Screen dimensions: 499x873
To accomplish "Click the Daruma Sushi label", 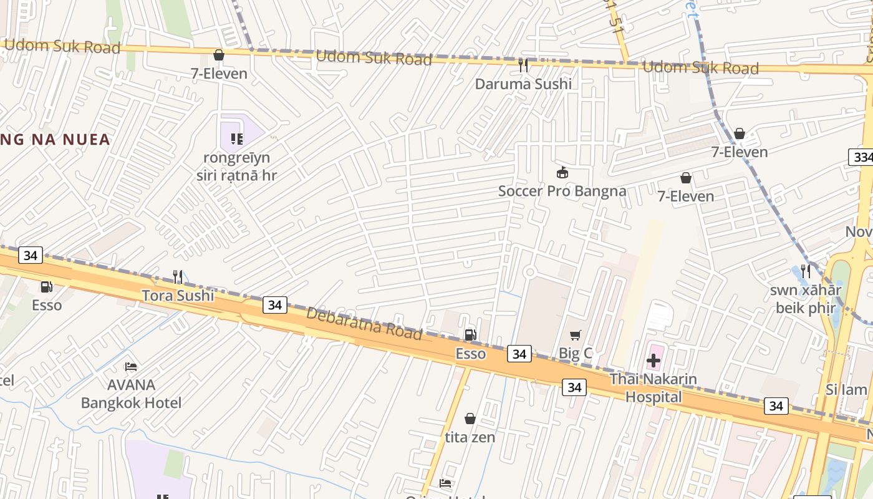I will click(523, 84).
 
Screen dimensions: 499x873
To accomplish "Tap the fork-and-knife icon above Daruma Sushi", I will click(523, 64).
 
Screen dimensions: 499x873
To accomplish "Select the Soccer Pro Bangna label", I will click(562, 191).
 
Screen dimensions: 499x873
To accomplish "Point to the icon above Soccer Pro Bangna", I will click(562, 172).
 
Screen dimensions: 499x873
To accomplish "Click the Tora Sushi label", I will click(178, 295).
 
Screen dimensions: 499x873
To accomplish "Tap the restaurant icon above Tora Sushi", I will click(178, 276).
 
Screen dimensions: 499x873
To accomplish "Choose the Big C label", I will click(575, 354).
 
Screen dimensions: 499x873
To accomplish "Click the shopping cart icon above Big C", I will click(575, 336).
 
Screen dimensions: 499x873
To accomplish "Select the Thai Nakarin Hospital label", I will click(654, 387).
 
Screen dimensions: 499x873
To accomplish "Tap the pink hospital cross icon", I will click(654, 361).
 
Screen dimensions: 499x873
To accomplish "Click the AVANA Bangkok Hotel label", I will click(131, 394).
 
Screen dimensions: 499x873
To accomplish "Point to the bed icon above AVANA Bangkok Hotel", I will click(131, 366).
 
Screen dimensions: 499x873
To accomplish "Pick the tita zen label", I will click(470, 437).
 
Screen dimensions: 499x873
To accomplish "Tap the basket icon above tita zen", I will click(470, 419).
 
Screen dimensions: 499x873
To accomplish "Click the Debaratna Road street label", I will click(364, 324).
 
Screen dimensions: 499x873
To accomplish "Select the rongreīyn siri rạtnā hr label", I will click(236, 167).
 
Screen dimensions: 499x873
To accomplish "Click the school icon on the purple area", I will click(236, 138).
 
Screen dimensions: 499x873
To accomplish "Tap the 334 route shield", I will click(862, 157).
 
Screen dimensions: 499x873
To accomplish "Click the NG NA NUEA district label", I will click(56, 140).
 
